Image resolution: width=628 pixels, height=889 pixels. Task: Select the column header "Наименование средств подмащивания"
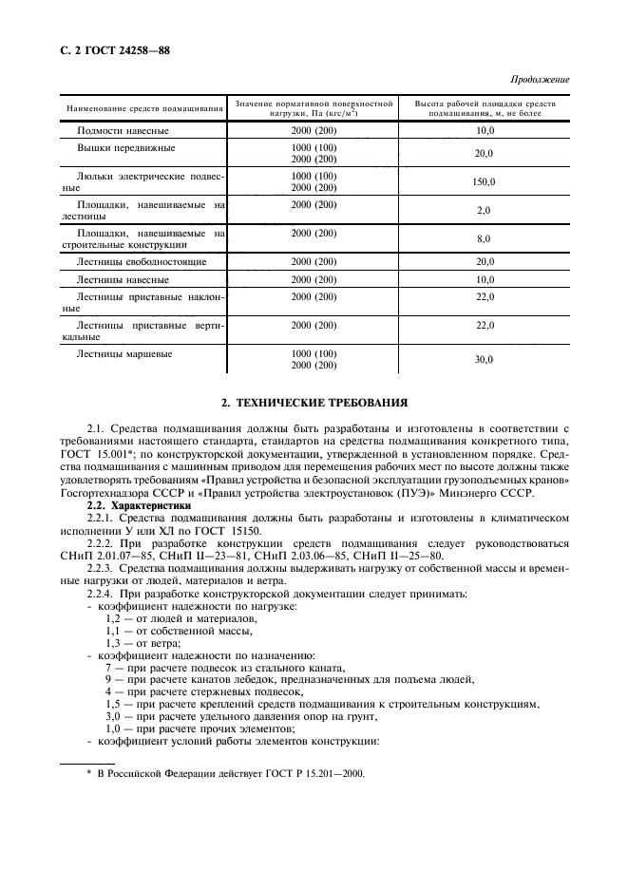pyautogui.click(x=143, y=108)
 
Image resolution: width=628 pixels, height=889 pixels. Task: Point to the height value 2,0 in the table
pyautogui.click(x=485, y=211)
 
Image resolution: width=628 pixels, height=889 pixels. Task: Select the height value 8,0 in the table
pyautogui.click(x=485, y=239)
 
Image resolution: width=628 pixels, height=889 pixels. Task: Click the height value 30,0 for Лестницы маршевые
pyautogui.click(x=485, y=359)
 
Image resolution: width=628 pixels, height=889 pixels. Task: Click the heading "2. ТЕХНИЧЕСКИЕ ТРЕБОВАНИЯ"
pyautogui.click(x=314, y=403)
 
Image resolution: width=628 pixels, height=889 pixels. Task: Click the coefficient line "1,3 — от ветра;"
pyautogui.click(x=143, y=643)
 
